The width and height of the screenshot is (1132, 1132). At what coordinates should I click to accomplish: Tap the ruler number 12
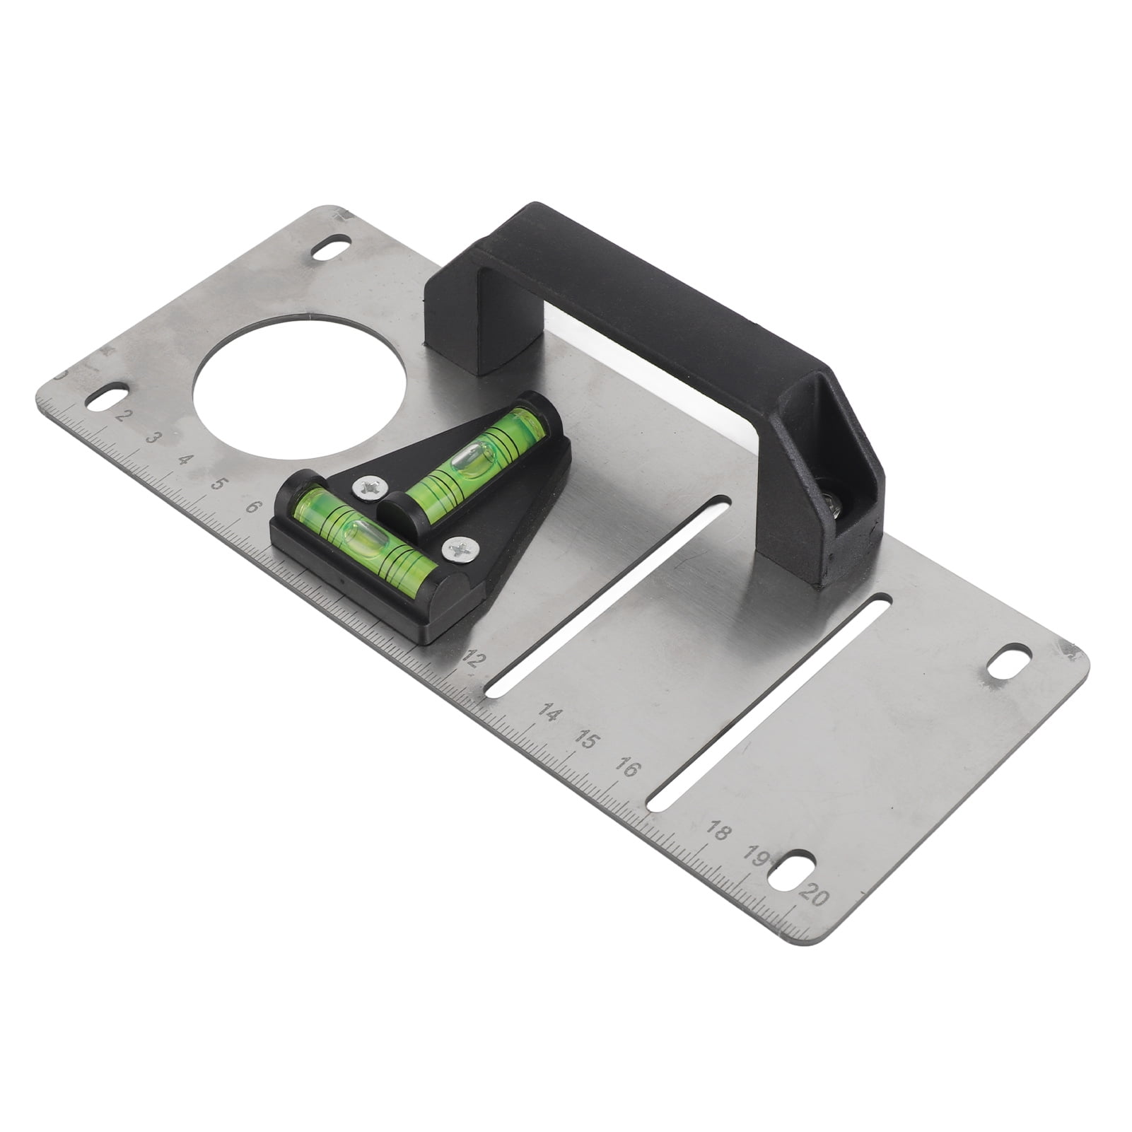point(473,660)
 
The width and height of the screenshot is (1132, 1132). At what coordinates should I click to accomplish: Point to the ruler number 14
point(549,713)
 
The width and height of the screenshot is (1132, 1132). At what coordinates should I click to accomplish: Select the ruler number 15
point(586,740)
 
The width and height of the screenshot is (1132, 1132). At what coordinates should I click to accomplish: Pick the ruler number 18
point(717,832)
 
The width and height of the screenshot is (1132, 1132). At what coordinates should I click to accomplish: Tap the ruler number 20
point(812,896)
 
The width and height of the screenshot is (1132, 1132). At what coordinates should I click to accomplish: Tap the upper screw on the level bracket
point(368,485)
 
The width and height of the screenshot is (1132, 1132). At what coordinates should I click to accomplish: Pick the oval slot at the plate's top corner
point(330,250)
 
